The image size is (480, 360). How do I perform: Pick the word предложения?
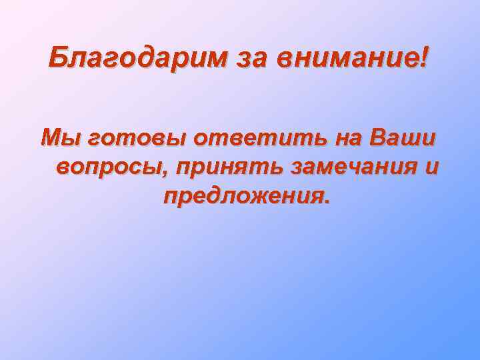click(x=243, y=197)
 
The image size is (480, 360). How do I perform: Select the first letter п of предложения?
click(x=169, y=198)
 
